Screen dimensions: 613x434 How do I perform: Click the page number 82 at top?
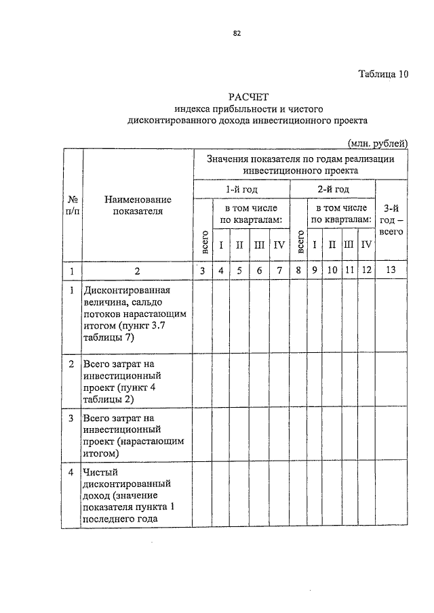click(237, 33)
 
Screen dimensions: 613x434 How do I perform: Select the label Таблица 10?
click(382, 75)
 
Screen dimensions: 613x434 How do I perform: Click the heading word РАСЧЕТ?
click(248, 97)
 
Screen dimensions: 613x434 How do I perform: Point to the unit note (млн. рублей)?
click(377, 143)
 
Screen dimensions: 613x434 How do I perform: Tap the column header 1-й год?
click(241, 189)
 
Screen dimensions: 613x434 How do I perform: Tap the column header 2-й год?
click(334, 189)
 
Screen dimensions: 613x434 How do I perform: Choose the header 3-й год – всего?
click(391, 219)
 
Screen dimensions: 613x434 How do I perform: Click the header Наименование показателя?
click(138, 205)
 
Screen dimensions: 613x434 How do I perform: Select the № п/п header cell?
click(73, 205)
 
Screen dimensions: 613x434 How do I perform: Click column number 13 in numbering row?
click(391, 271)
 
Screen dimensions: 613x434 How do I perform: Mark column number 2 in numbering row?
click(137, 271)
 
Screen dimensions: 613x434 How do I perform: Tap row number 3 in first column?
click(72, 418)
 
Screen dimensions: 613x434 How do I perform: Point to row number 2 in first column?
click(72, 364)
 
